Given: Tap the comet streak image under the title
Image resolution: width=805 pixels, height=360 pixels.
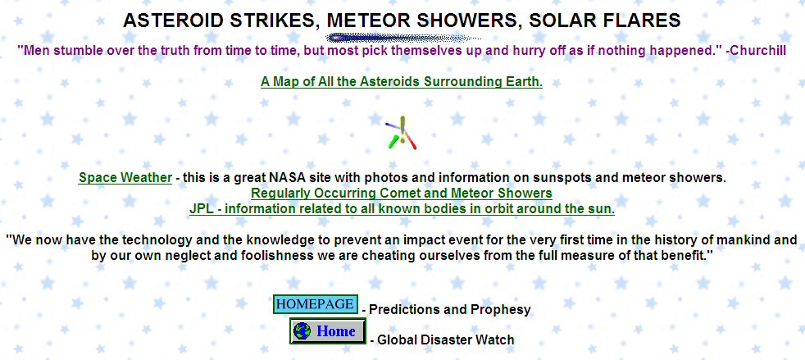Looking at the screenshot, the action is click(x=403, y=38).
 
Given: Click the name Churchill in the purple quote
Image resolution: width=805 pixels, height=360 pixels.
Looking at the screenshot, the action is click(x=759, y=51).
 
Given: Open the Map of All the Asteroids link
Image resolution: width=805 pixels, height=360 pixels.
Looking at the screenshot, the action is click(x=402, y=82).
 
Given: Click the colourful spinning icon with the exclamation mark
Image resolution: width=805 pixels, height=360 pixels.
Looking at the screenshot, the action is click(x=402, y=133).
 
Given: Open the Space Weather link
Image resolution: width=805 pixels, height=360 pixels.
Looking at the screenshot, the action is click(x=125, y=178).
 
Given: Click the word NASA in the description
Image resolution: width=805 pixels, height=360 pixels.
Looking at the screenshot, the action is click(x=281, y=178).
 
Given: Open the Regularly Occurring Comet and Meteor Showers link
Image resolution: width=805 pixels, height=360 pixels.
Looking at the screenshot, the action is click(x=402, y=194).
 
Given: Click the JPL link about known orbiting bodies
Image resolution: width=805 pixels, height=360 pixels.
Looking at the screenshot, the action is click(x=402, y=209).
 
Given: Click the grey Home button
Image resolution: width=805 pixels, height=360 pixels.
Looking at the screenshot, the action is click(x=328, y=330).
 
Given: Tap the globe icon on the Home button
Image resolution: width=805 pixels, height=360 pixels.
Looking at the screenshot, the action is click(x=302, y=330).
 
